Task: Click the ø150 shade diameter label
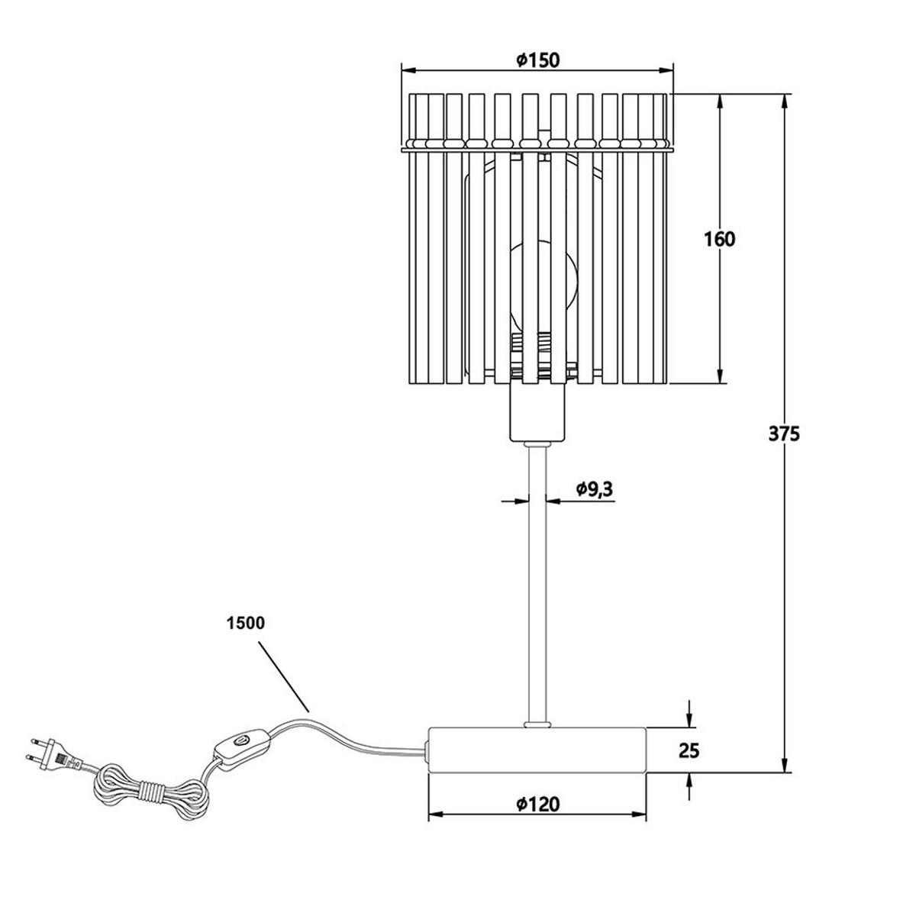coord(537,60)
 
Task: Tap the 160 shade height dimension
coord(718,239)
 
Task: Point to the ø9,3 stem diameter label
coord(595,489)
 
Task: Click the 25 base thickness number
coord(689,763)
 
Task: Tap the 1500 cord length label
coord(245,623)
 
